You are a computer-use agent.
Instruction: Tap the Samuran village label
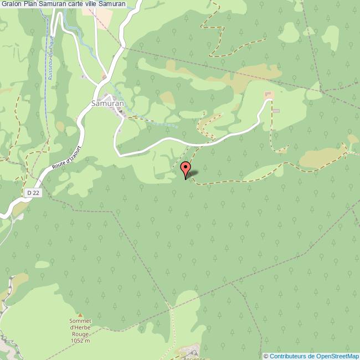[x=106, y=104]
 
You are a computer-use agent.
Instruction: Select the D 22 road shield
[x=33, y=192]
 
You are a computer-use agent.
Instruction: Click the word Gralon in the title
[x=12, y=4]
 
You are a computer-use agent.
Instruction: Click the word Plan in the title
[x=30, y=4]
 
